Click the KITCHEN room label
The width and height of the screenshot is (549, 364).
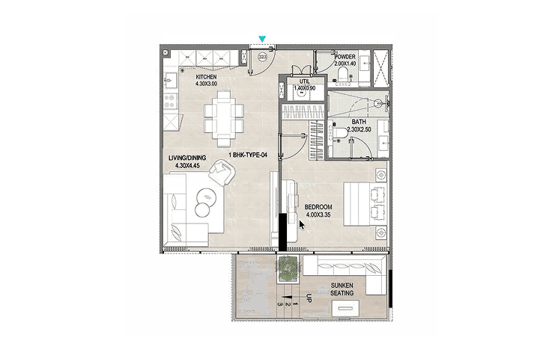[x=206, y=77]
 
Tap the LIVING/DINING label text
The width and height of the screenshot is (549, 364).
[x=187, y=158]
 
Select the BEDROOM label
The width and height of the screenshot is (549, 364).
[x=318, y=207]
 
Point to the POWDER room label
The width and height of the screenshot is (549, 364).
[x=345, y=57]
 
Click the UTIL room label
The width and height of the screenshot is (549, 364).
[x=304, y=81]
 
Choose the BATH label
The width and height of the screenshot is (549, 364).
[x=359, y=122]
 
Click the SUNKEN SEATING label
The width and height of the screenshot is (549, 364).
[x=342, y=289]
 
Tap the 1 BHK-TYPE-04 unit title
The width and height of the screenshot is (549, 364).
[x=248, y=155]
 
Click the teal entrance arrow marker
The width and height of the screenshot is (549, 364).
[x=262, y=39]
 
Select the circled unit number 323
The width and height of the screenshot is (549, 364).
[x=263, y=57]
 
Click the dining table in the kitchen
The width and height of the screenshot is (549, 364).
[x=224, y=118]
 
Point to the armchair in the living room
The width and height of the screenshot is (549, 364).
[x=222, y=172]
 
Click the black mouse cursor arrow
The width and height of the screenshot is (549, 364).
[x=301, y=225]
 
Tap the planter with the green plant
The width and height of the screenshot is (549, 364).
[x=288, y=268]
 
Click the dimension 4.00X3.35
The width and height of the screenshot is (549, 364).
[x=318, y=215]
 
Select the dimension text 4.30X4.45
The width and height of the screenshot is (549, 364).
[x=187, y=166]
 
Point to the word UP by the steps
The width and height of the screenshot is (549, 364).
[x=309, y=298]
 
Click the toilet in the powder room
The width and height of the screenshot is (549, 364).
[x=342, y=75]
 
